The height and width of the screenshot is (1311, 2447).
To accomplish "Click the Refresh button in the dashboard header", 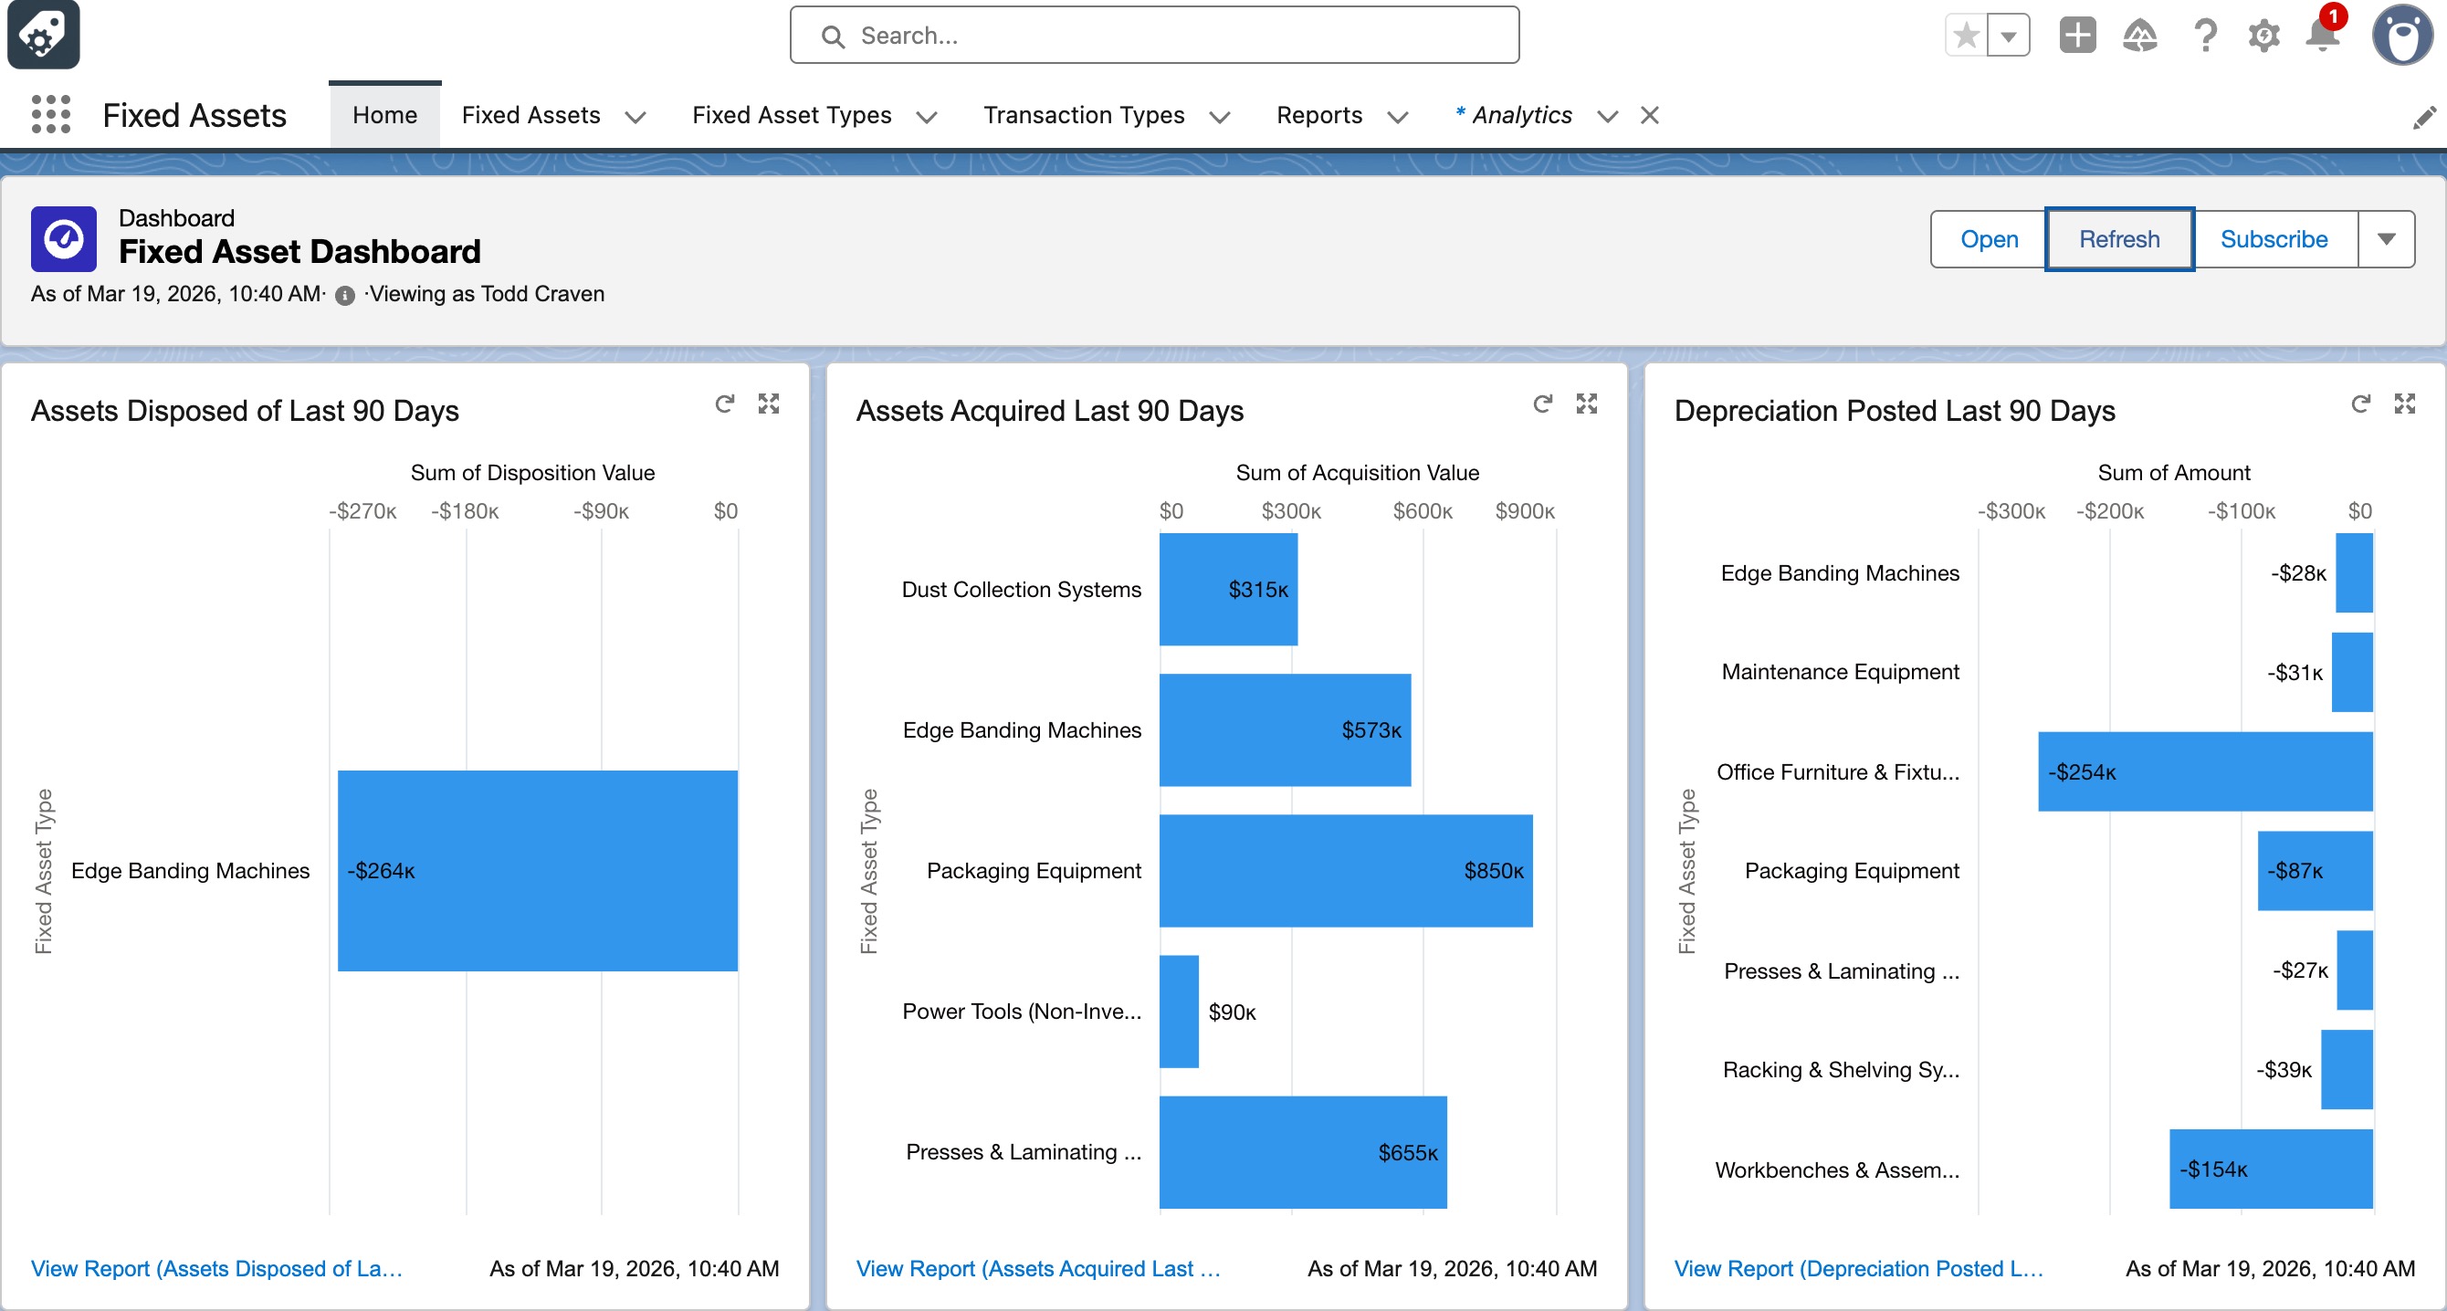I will point(2118,239).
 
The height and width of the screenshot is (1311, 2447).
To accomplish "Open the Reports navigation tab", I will point(1318,115).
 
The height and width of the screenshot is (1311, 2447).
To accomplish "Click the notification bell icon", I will point(2322,37).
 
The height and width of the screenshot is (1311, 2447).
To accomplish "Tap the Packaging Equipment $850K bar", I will point(1344,870).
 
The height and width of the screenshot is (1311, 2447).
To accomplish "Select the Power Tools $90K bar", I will point(1179,1011).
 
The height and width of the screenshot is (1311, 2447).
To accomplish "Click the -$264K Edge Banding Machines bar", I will point(537,870).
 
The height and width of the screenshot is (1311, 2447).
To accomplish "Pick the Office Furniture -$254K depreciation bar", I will point(2204,771).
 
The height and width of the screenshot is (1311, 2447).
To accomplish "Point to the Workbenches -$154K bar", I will point(2270,1169).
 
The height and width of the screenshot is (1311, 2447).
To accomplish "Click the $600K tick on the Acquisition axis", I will point(1422,511).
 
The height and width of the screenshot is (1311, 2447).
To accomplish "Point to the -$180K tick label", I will point(465,511).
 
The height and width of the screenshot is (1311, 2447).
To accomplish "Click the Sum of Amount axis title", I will point(2173,472).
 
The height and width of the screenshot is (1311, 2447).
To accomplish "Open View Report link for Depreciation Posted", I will point(1858,1268).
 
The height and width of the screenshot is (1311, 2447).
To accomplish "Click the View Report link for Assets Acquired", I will point(1037,1268).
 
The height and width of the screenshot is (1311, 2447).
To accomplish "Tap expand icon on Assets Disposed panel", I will point(769,404).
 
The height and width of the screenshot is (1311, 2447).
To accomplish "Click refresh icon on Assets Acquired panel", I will point(1543,404).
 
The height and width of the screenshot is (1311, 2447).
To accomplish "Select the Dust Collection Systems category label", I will point(1020,589).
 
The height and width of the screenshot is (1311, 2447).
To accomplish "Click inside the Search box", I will point(1154,37).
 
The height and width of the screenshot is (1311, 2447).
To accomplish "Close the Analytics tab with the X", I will point(1650,115).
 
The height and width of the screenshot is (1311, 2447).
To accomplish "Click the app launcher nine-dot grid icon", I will point(51,115).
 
